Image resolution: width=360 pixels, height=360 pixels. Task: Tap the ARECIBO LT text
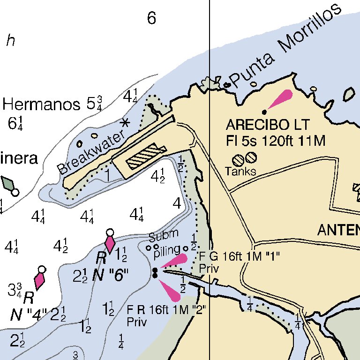(268, 125)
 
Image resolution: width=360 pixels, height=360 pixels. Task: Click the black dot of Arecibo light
(264, 112)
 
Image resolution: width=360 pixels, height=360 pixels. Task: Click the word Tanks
(240, 171)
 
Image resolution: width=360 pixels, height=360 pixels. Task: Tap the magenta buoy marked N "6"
(110, 244)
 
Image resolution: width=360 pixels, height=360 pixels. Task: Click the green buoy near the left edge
(9, 183)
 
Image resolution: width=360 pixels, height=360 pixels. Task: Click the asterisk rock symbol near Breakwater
(125, 123)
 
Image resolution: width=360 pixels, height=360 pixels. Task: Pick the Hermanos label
(41, 105)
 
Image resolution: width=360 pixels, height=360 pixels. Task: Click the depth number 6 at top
(151, 18)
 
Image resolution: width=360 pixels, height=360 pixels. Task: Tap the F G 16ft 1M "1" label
(239, 256)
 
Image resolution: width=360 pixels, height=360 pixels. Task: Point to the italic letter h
(10, 41)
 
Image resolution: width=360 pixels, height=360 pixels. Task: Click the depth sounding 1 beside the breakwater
(107, 175)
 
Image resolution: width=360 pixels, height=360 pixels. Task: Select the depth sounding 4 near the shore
(177, 203)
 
